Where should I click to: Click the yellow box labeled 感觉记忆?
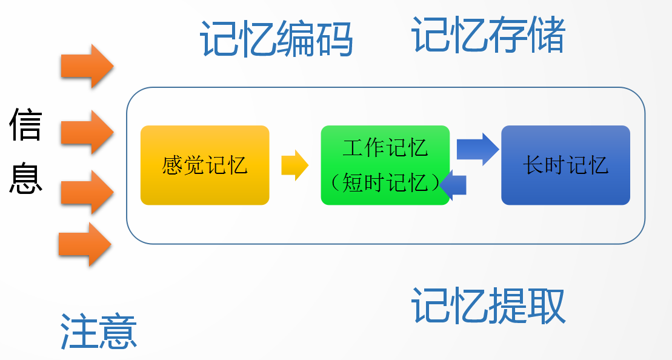click(205, 165)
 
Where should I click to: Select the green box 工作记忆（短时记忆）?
click(385, 165)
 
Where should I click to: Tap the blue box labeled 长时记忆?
click(565, 165)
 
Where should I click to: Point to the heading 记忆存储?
click(488, 35)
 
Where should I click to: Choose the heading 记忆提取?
click(488, 305)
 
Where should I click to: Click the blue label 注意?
click(99, 331)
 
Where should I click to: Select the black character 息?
click(25, 178)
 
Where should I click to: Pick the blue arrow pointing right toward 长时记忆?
click(477, 148)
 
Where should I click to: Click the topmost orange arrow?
click(87, 65)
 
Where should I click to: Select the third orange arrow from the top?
click(87, 192)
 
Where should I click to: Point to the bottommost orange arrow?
click(85, 244)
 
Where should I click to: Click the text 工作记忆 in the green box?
click(385, 147)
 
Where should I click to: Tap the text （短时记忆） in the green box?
click(385, 182)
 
